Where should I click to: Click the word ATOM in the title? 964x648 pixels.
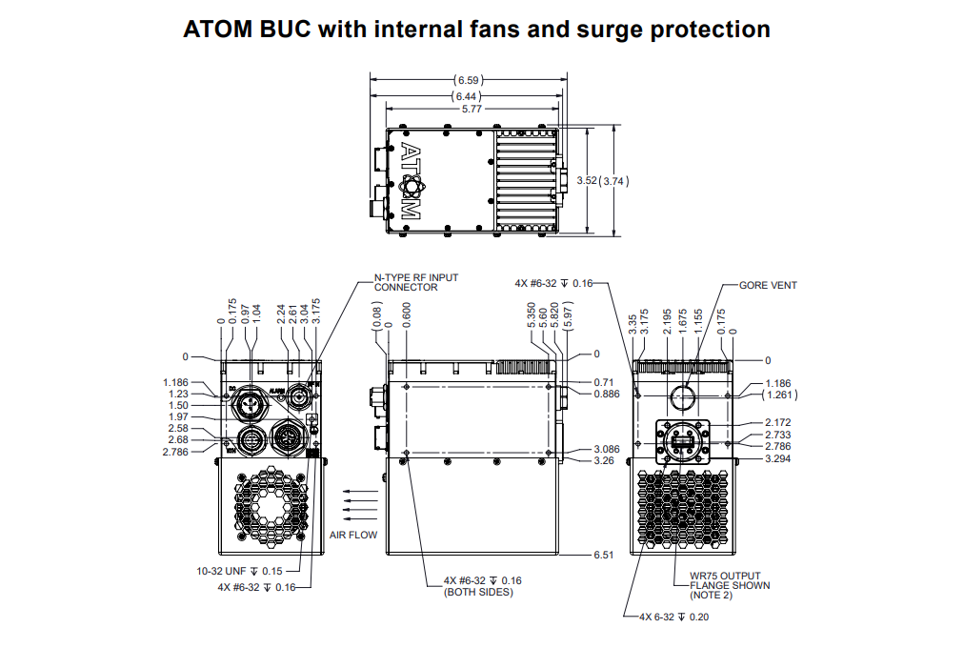pos(220,30)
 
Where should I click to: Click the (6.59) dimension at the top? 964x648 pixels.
pos(467,80)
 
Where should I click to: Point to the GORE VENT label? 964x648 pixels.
pos(768,285)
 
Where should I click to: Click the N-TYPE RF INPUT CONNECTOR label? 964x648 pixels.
pos(415,282)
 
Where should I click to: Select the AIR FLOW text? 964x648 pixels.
pos(353,535)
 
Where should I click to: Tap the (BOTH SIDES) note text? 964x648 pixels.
pos(478,593)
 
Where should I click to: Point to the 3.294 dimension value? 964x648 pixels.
pos(779,458)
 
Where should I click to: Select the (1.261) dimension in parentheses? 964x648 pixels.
pos(781,394)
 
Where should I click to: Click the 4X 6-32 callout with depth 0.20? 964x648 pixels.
pos(673,617)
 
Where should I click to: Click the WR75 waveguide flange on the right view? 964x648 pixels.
pos(681,442)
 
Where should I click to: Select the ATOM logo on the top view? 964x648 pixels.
pos(410,181)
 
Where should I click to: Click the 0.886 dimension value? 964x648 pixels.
pos(607,394)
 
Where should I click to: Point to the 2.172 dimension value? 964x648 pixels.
pos(779,422)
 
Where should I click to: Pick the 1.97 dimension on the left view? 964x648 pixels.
pos(178,416)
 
